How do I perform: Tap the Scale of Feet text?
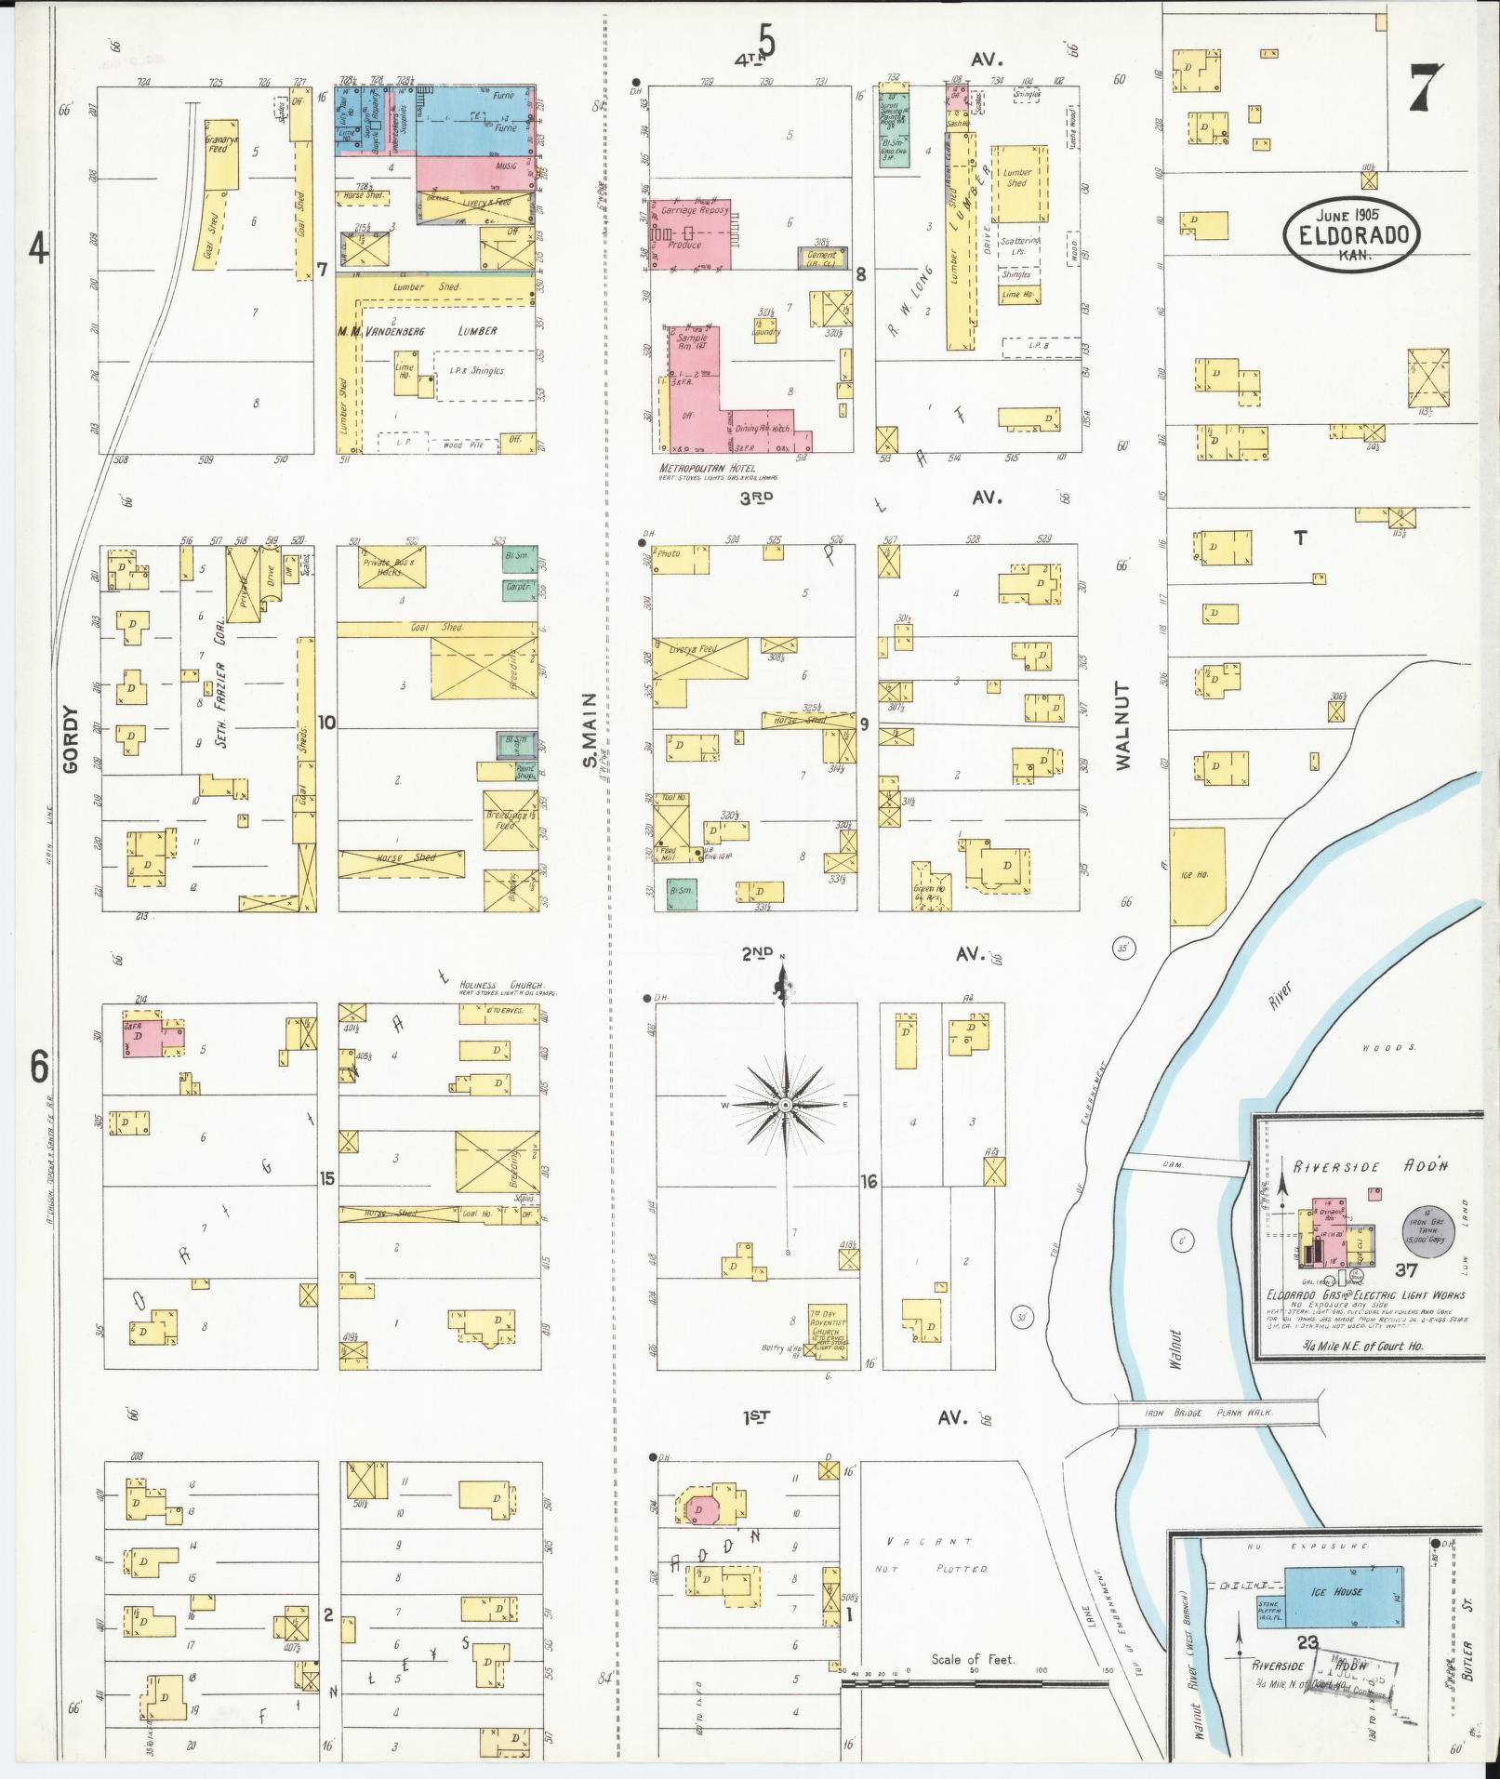pos(973,1659)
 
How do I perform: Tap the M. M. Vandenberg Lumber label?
pos(417,330)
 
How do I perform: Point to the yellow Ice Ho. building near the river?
pos(1198,876)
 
